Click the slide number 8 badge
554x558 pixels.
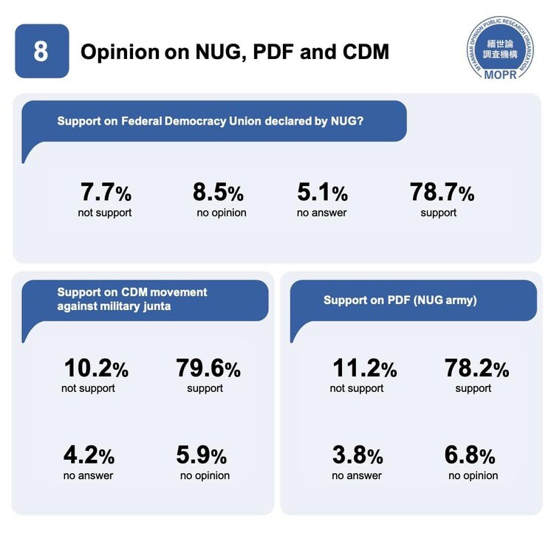coord(41,52)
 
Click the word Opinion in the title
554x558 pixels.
coord(120,52)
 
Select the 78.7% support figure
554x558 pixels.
coord(442,193)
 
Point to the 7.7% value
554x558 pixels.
coord(106,193)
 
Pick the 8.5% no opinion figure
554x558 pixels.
coord(218,193)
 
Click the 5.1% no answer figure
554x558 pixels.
coord(322,193)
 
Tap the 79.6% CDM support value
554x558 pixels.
coord(208,368)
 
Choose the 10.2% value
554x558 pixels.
coord(96,368)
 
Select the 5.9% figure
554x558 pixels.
coord(201,455)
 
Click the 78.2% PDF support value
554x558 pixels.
coord(476,368)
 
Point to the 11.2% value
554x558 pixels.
coord(364,368)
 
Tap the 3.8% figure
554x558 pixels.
coord(358,455)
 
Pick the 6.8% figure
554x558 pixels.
coord(470,455)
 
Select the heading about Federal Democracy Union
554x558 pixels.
coord(210,121)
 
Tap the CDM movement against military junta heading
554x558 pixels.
coord(132,299)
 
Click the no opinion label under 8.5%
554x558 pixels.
coord(222,213)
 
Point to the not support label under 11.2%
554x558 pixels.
coord(357,388)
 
